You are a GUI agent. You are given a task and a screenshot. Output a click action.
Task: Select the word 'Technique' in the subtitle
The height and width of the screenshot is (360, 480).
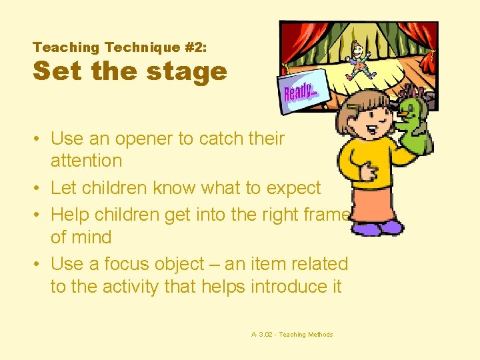[x=139, y=47]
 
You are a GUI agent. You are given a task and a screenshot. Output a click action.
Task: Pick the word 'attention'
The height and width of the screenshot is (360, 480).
[x=86, y=161]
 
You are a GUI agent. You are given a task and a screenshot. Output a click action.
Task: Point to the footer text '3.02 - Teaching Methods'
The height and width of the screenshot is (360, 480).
[x=295, y=335]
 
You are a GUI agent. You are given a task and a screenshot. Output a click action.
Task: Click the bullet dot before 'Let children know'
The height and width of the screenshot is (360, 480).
[x=41, y=189]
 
